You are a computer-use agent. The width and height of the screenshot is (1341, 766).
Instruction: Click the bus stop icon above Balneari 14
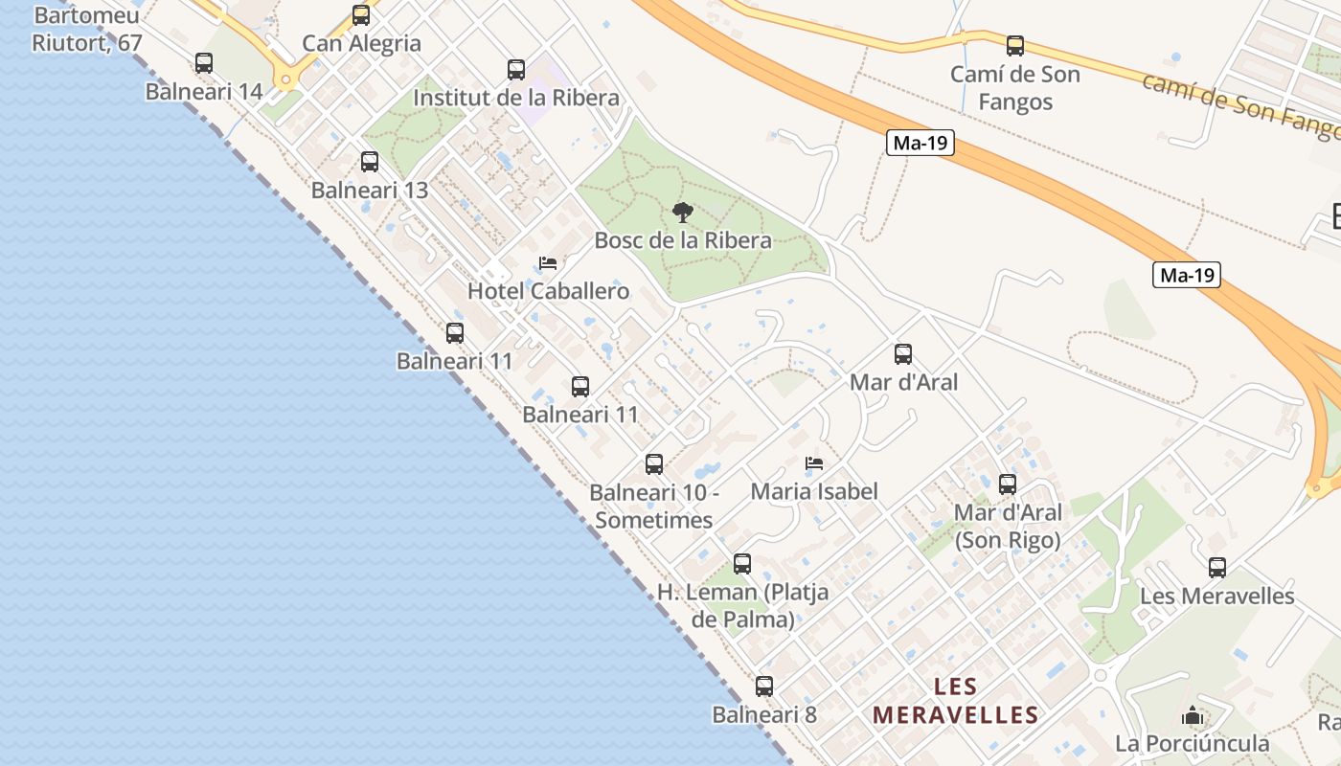pos(204,63)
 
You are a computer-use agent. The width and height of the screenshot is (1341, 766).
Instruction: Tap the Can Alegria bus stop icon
pos(361,15)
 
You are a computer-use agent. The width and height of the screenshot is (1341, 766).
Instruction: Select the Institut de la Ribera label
pos(516,98)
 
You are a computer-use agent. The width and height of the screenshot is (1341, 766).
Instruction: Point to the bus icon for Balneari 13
pos(370,162)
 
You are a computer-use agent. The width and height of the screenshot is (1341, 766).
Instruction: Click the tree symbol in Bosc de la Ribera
pos(682,212)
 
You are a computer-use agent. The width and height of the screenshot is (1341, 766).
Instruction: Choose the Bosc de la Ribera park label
pos(683,240)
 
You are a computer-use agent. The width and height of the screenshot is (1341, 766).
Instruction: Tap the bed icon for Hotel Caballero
pos(548,262)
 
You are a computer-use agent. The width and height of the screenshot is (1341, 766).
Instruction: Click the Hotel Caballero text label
pos(548,291)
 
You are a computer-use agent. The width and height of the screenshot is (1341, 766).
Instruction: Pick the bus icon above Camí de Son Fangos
pos(1015,45)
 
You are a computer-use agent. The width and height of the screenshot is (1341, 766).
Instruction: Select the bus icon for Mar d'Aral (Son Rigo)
pos(1008,484)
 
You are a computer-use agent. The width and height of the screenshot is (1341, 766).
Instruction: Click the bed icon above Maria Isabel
pos(814,463)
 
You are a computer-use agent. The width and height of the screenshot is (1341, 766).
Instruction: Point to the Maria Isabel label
pos(814,492)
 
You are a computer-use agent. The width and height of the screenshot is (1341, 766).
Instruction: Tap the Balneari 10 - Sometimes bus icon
pos(654,464)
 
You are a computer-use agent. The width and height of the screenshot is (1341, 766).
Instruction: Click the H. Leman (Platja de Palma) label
pos(743,606)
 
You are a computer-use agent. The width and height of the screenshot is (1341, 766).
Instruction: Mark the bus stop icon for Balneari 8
pos(763,687)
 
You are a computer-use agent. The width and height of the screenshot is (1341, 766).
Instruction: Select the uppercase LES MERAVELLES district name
pos(956,701)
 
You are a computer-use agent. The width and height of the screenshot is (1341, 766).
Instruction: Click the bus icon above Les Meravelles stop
pos(1217,568)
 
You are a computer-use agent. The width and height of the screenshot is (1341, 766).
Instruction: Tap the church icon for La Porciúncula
pos(1192,715)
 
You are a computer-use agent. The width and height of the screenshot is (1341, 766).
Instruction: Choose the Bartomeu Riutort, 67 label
pos(86,30)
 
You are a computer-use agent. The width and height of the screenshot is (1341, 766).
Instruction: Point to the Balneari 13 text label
pos(370,191)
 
